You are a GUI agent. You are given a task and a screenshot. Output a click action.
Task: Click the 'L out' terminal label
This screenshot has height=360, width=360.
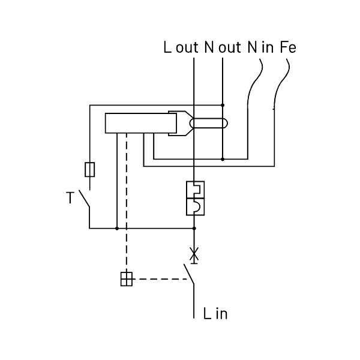point(181,47)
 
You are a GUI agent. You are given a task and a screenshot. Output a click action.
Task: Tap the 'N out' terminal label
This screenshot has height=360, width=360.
point(223,47)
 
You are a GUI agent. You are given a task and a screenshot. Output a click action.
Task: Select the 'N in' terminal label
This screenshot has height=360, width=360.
point(260,47)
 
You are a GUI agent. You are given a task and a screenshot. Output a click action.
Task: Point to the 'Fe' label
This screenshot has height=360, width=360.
point(288,47)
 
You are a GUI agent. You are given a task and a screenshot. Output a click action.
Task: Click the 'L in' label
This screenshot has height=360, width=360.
point(215,313)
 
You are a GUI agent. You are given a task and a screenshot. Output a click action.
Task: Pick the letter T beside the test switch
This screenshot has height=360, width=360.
point(70,197)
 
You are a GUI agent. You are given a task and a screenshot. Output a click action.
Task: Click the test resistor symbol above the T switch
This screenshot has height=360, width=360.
point(90,170)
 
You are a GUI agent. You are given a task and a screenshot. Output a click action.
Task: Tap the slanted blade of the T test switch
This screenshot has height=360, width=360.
point(84,199)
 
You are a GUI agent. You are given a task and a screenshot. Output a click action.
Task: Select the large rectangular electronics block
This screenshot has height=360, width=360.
point(141,123)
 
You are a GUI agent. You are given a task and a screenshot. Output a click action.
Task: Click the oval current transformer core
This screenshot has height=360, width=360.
point(209,123)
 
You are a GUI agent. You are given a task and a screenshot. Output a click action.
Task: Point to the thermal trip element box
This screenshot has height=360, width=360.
point(195,190)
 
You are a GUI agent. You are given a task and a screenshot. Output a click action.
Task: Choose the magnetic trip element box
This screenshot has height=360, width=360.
point(195,206)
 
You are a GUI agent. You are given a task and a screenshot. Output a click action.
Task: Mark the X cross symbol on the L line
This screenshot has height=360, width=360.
point(194,254)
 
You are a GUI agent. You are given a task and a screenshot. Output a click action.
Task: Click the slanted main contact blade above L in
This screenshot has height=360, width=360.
point(189,274)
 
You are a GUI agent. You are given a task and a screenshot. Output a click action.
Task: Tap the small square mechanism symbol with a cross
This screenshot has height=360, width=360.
point(127,279)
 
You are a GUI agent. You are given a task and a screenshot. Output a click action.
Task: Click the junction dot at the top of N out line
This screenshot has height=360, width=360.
point(223,105)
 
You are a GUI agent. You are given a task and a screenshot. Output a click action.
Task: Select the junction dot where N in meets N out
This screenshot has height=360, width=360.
point(223,159)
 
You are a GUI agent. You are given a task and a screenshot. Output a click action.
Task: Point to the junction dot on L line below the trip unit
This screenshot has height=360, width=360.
point(194,229)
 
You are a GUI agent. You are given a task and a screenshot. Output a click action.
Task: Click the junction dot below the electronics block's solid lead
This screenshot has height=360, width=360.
point(117,229)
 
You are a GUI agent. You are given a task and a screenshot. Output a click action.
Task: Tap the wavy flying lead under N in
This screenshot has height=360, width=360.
point(254,83)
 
